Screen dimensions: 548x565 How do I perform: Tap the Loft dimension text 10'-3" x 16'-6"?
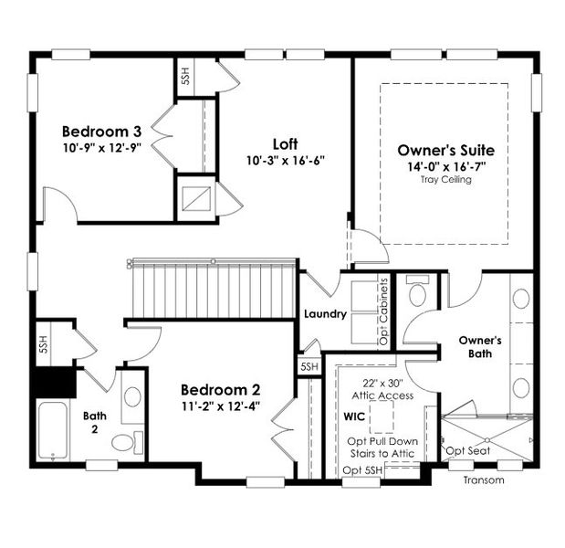coord(286,160)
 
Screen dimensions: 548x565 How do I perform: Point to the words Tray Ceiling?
coord(446,180)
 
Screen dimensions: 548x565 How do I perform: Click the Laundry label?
coord(325,314)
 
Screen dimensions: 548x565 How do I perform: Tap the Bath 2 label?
coord(95,419)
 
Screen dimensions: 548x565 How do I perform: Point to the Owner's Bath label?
coord(480,348)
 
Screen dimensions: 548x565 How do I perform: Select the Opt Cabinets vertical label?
coord(384,311)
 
